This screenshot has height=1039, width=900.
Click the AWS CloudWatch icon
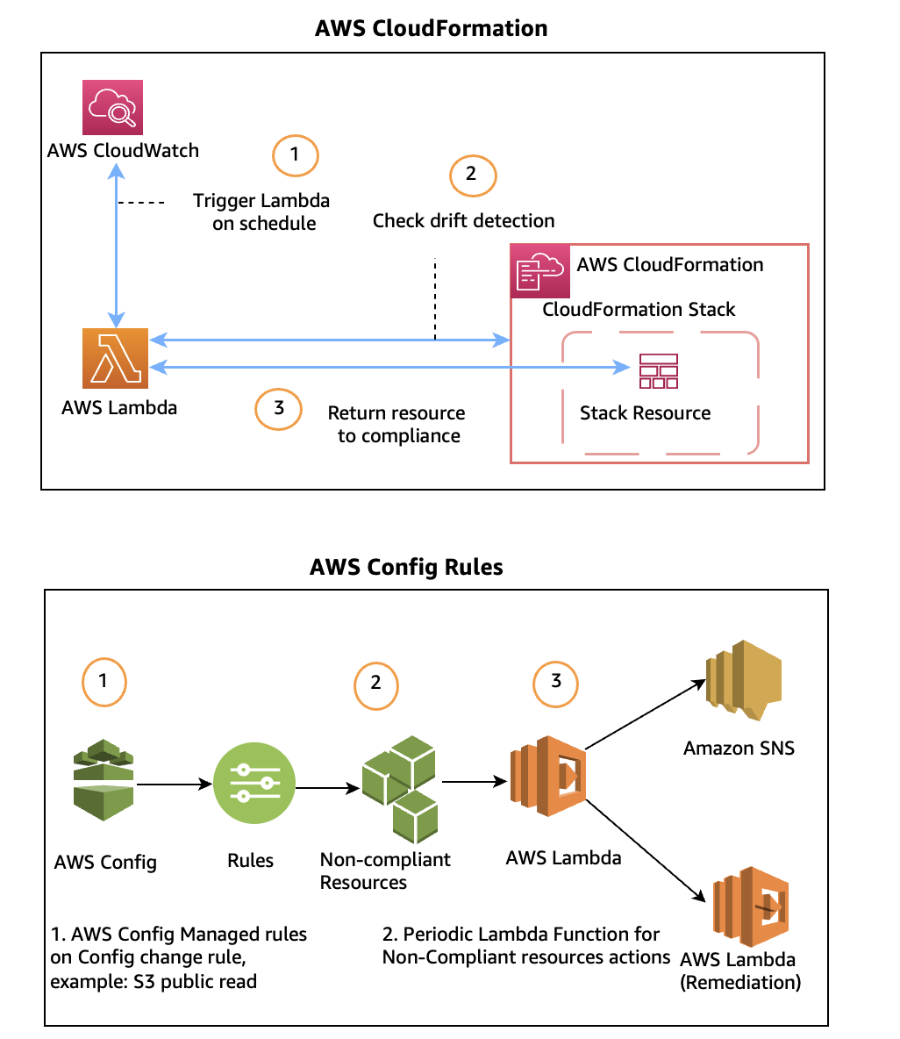(x=112, y=107)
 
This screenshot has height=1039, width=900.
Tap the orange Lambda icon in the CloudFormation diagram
(x=115, y=358)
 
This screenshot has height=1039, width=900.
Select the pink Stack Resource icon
(x=658, y=370)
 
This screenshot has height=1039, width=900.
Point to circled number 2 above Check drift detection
(x=473, y=176)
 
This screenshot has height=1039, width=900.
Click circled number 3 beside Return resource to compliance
(x=279, y=409)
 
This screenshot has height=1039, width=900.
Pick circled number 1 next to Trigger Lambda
(x=295, y=156)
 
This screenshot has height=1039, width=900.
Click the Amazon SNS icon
(x=743, y=684)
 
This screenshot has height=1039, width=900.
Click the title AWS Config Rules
(x=406, y=567)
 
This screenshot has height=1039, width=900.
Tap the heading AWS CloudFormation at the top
(x=431, y=28)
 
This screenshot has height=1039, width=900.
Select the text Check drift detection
(x=463, y=220)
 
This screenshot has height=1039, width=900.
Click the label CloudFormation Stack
(x=639, y=309)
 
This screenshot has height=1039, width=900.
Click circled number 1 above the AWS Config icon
(x=104, y=682)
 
